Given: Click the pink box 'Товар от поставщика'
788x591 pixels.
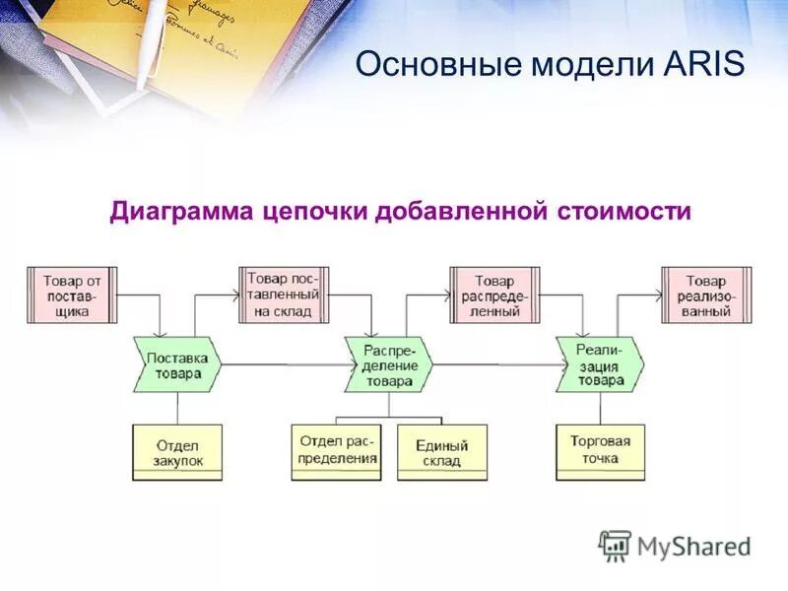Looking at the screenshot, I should pyautogui.click(x=72, y=295).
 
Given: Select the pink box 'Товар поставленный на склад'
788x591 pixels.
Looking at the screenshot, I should pyautogui.click(x=283, y=295).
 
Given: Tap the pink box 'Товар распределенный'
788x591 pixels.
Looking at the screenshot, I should pyautogui.click(x=494, y=295).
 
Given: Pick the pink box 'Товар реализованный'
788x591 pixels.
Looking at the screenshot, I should pyautogui.click(x=705, y=295).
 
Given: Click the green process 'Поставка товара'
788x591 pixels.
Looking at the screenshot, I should pyautogui.click(x=177, y=365).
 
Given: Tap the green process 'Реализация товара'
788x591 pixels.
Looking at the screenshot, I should pyautogui.click(x=600, y=365).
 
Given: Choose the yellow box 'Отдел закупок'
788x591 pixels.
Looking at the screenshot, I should pyautogui.click(x=177, y=452).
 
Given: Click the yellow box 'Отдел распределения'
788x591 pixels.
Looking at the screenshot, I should pyautogui.click(x=336, y=452).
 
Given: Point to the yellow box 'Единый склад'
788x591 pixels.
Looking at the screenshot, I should pyautogui.click(x=441, y=452).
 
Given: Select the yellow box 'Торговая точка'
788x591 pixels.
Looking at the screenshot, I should pyautogui.click(x=600, y=452).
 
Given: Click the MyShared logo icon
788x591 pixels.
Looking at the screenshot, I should pyautogui.click(x=616, y=545).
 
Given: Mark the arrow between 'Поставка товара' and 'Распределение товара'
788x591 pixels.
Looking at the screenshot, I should pyautogui.click(x=286, y=365).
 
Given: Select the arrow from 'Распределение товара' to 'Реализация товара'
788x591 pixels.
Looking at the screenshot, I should pyautogui.click(x=495, y=365).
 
